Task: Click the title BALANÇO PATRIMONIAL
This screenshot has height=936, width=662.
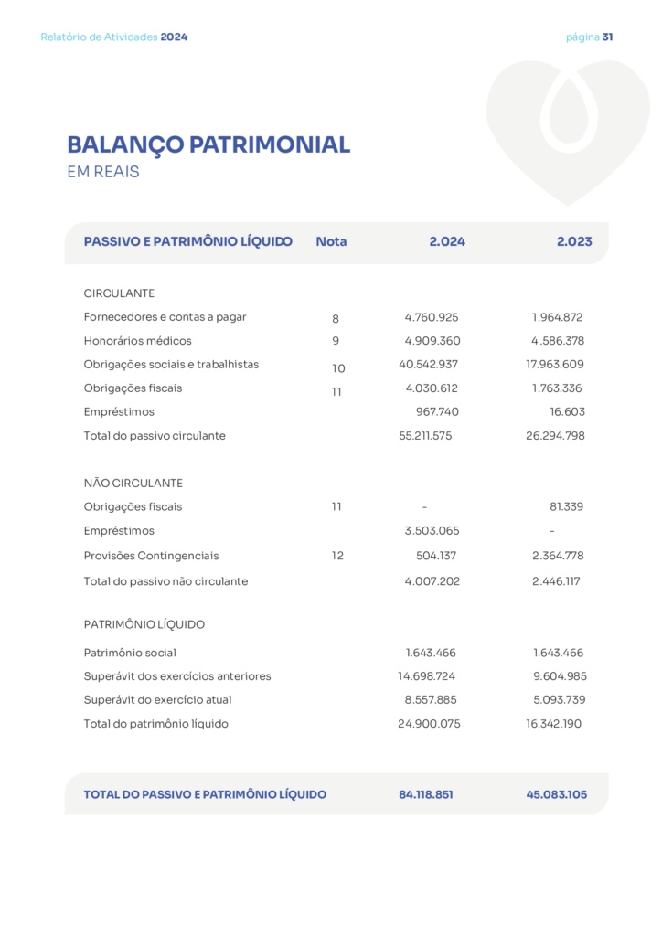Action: pos(208,144)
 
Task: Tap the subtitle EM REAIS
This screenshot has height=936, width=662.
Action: pos(103,172)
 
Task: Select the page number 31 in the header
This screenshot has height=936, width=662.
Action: pos(607,37)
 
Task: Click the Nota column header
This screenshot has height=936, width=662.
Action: pos(331,242)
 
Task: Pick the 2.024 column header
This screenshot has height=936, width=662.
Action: pos(447,242)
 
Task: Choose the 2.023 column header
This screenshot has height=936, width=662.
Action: pos(574,242)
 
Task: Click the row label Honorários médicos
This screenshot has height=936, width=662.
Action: pos(137,341)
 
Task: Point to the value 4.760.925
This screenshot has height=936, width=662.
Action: pos(432,318)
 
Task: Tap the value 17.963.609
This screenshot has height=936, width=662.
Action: pos(549,365)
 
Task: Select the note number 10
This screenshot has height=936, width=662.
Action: pos(338,368)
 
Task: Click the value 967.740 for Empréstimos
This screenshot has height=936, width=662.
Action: pos(437,412)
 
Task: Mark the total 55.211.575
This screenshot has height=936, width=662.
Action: pos(425,436)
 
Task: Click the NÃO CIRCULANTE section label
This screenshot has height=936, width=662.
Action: pos(133,484)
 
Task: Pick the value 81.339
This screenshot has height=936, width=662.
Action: pos(566,507)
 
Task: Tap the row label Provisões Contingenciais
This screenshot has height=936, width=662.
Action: pos(151,556)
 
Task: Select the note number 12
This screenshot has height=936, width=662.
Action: pos(337,556)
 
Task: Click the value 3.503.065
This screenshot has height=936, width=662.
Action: pos(432,531)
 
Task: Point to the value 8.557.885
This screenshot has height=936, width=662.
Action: pos(430,700)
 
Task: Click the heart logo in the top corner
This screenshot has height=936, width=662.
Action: pos(567,128)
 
